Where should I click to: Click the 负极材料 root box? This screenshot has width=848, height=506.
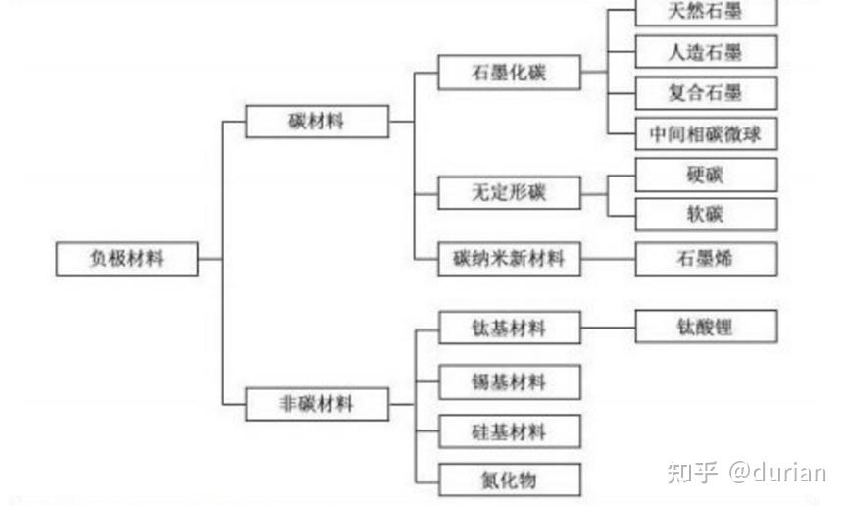(126, 259)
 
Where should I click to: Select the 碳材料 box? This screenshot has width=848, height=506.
(317, 122)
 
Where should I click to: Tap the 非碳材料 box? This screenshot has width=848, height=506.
(317, 403)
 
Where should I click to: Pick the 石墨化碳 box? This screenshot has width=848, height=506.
(509, 74)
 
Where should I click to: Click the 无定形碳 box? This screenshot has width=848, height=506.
(509, 193)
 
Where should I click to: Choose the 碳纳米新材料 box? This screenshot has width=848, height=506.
(509, 259)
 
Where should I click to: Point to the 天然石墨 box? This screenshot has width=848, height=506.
(706, 12)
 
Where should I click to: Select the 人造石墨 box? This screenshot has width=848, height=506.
(706, 52)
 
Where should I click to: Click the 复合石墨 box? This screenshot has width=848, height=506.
(706, 93)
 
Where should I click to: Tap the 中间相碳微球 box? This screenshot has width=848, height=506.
(706, 133)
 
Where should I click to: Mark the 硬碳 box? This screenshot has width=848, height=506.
(706, 175)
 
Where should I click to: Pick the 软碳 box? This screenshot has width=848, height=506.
(706, 214)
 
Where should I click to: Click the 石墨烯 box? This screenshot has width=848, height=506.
(706, 259)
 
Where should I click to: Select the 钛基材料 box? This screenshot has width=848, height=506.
(509, 328)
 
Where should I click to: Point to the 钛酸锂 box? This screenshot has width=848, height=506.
(706, 327)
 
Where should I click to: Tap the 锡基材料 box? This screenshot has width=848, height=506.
(509, 380)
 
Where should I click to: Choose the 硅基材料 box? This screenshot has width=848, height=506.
(509, 431)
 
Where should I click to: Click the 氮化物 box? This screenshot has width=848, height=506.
(509, 480)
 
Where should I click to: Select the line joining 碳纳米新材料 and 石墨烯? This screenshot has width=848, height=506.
(608, 259)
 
